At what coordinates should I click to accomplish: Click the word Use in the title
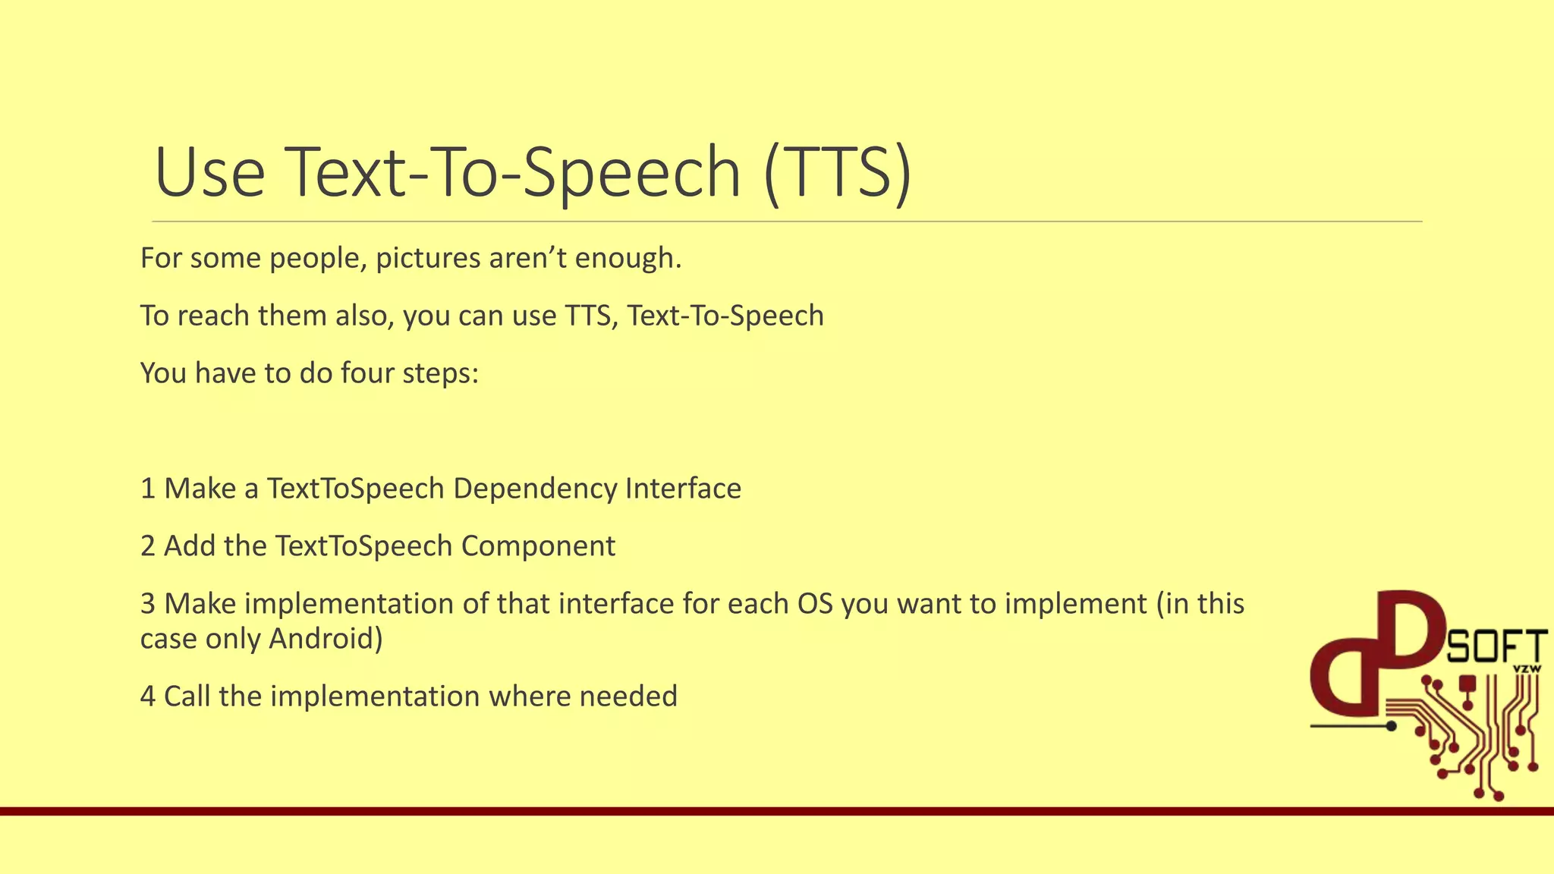tap(209, 172)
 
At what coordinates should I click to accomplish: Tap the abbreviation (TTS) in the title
tap(837, 172)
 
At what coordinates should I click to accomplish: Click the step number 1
tap(148, 489)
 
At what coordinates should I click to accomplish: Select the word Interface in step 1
tap(683, 489)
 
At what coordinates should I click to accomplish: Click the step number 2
tap(148, 546)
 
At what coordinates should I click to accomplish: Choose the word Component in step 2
tap(538, 546)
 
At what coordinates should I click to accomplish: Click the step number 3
tap(148, 604)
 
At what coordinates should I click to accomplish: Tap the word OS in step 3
tap(814, 604)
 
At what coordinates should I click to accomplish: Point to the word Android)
tap(326, 639)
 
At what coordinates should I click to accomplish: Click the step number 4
tap(148, 696)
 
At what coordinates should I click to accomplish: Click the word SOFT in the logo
tap(1496, 647)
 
